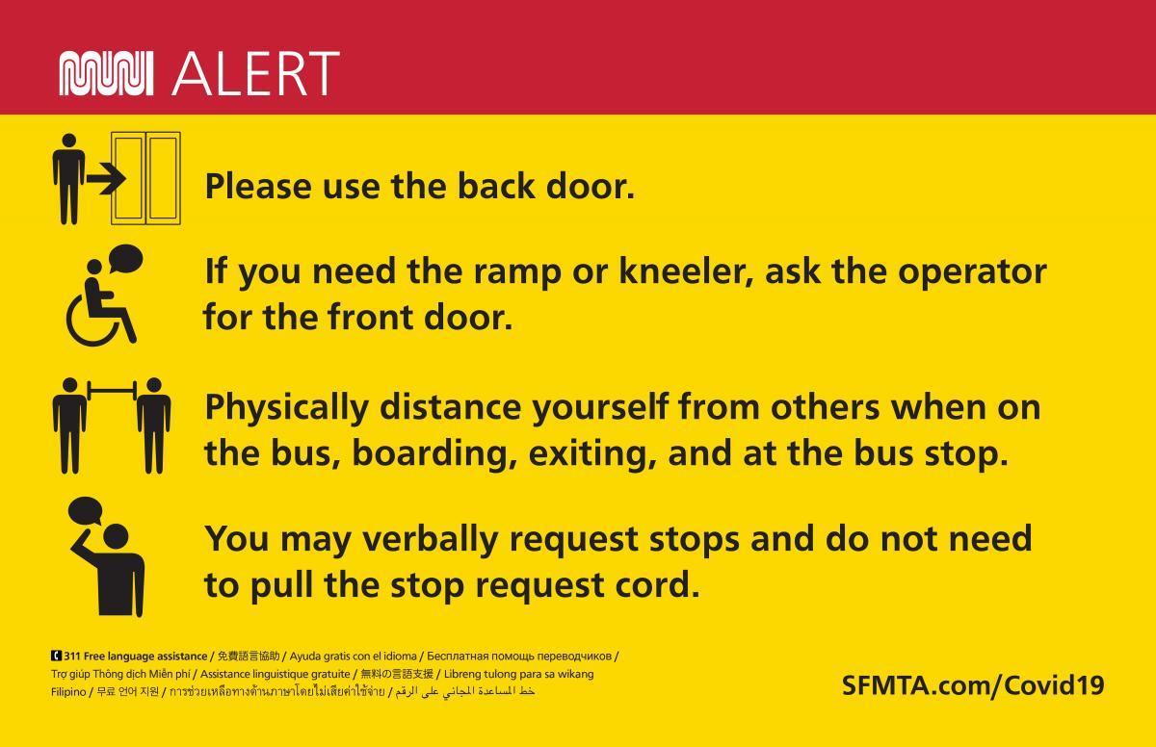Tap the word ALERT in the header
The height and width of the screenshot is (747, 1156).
coord(254,73)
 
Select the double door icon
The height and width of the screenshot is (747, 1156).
coord(146,179)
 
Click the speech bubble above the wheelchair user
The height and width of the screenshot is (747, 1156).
coord(124,257)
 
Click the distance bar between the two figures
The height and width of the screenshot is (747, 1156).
coord(112,390)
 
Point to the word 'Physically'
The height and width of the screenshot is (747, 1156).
coord(285,408)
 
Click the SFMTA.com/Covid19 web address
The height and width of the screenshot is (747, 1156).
coord(973,685)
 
